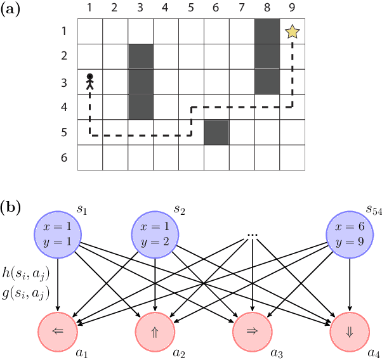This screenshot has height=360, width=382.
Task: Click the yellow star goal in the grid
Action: point(292,31)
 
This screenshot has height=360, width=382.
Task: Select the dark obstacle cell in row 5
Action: point(216,132)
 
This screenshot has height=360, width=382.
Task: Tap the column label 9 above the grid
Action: point(292,9)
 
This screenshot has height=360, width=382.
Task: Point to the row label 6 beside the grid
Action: point(64,157)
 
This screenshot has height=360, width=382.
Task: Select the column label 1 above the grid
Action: point(89,9)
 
